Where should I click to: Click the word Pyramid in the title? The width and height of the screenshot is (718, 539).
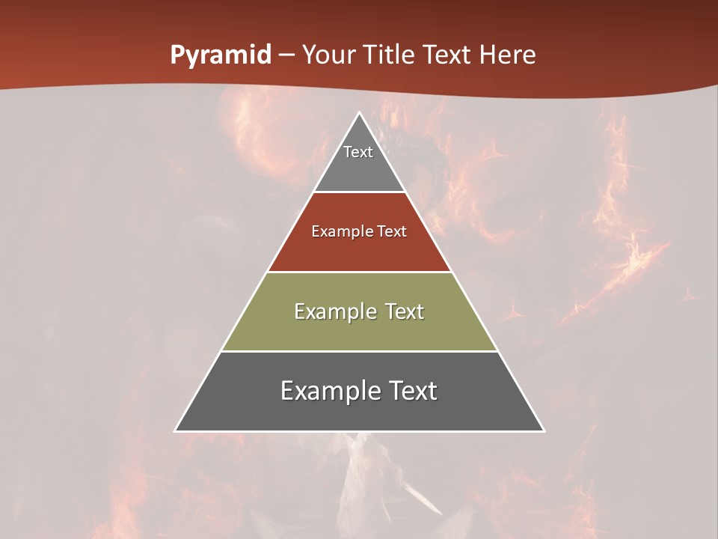click(221, 55)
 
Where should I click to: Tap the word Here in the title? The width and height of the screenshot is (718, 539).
click(507, 55)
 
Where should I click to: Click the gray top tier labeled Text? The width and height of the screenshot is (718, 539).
click(358, 168)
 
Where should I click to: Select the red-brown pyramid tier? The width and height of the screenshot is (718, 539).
click(359, 247)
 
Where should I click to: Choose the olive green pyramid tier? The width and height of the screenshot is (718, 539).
click(359, 329)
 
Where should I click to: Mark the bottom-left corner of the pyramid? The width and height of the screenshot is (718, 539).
click(176, 430)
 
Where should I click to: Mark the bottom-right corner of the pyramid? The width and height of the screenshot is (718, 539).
click(544, 430)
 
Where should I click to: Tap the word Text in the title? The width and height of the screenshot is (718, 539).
click(447, 55)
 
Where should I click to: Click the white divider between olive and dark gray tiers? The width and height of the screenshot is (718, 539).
click(359, 351)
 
